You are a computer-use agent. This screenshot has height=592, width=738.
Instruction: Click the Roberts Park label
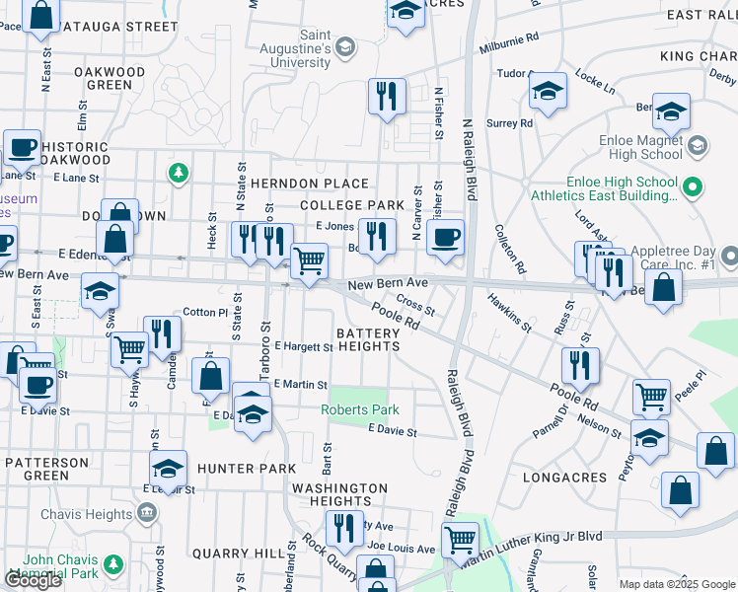point(359,409)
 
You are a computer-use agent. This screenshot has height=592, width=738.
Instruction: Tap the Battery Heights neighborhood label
point(368,339)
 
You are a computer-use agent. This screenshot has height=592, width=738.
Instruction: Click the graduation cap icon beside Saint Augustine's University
point(344,46)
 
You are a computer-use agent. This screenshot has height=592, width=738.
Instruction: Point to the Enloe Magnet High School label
point(640,147)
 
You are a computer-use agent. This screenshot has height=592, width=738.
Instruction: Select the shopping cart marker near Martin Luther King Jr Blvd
point(460,539)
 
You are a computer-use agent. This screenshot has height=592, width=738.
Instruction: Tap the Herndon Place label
point(309,184)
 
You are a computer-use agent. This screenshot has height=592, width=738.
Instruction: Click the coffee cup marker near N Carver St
point(446,237)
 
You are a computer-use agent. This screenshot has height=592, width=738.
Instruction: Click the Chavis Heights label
point(87,514)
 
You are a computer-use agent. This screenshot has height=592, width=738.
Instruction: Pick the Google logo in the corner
point(34,580)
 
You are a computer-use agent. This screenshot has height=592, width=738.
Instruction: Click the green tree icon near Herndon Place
point(178,174)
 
